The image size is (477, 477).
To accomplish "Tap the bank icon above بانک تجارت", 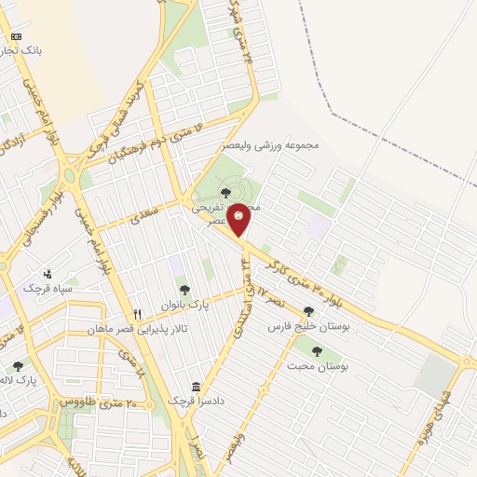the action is pyautogui.click(x=15, y=35).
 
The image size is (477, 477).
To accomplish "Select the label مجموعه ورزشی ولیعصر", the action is pyautogui.click(x=272, y=146).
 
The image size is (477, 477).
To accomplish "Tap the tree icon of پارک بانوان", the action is pyautogui.click(x=185, y=290).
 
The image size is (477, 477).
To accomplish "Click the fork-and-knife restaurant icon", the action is pyautogui.click(x=138, y=314).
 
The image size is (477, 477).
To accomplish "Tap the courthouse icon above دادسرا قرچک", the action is pyautogui.click(x=197, y=387).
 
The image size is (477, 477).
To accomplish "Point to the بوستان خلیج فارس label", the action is pyautogui.click(x=308, y=327).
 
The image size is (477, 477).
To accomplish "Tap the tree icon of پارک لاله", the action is pyautogui.click(x=18, y=366).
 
